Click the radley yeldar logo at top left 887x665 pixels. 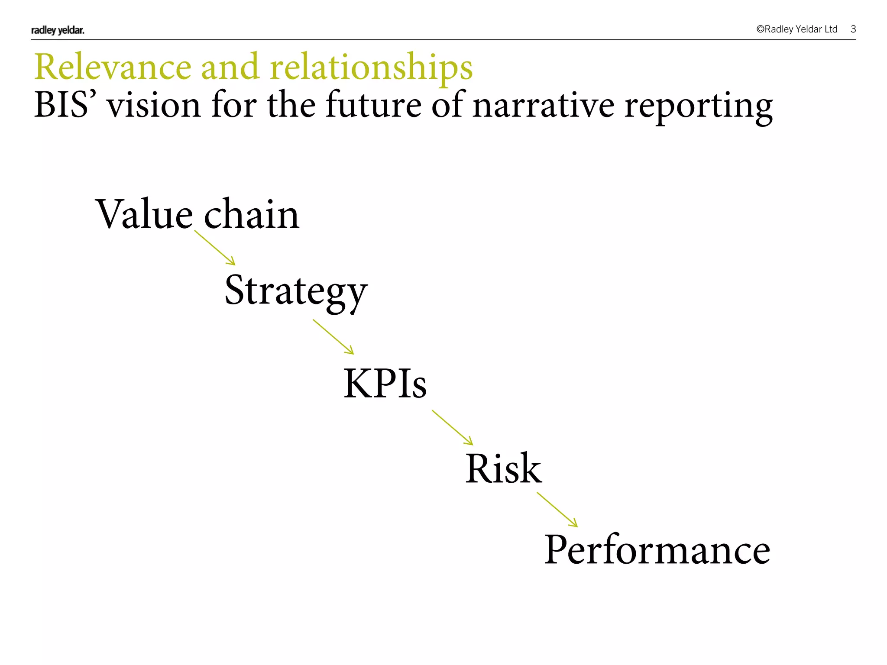(58, 30)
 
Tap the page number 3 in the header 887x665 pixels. (853, 29)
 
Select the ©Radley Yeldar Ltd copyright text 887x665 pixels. (796, 29)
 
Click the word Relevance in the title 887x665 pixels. (113, 67)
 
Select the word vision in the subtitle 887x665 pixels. (154, 105)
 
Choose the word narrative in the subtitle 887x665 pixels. (543, 106)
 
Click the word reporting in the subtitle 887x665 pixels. (698, 107)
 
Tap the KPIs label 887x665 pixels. (385, 383)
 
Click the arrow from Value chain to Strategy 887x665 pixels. (215, 248)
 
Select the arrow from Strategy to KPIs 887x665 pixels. (333, 337)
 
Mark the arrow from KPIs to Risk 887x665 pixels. (453, 428)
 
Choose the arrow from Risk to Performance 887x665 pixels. (557, 510)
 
